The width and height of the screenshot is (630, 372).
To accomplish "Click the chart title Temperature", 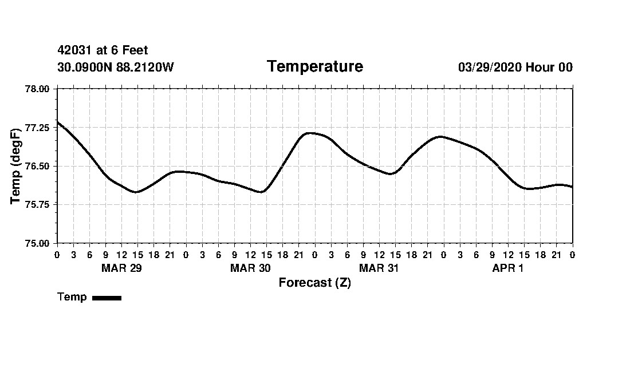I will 314,67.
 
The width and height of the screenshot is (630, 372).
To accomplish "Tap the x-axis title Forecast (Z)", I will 314,283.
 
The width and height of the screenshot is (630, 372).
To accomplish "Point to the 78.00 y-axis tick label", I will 38,89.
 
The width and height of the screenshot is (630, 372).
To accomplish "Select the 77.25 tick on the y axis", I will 38,128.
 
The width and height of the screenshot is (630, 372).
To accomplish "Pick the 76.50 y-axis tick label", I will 38,166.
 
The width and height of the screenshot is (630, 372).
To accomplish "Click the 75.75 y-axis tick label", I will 38,205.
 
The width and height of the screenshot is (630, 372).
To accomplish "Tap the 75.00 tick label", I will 38,243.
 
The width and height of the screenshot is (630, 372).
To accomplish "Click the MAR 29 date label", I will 121,268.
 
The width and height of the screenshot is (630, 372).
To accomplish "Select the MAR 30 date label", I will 250,268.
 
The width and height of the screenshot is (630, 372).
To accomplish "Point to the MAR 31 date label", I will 379,268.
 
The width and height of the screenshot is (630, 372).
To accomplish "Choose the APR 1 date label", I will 507,268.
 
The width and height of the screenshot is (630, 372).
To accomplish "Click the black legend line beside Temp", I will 107,298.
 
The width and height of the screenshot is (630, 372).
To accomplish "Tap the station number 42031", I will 74,51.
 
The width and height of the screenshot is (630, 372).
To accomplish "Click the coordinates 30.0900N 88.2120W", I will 116,68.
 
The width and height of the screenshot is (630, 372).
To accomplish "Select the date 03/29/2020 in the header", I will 490,68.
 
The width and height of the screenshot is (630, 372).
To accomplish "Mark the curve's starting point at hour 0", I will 57,122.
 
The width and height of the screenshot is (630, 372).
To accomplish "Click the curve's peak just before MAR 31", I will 309,133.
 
